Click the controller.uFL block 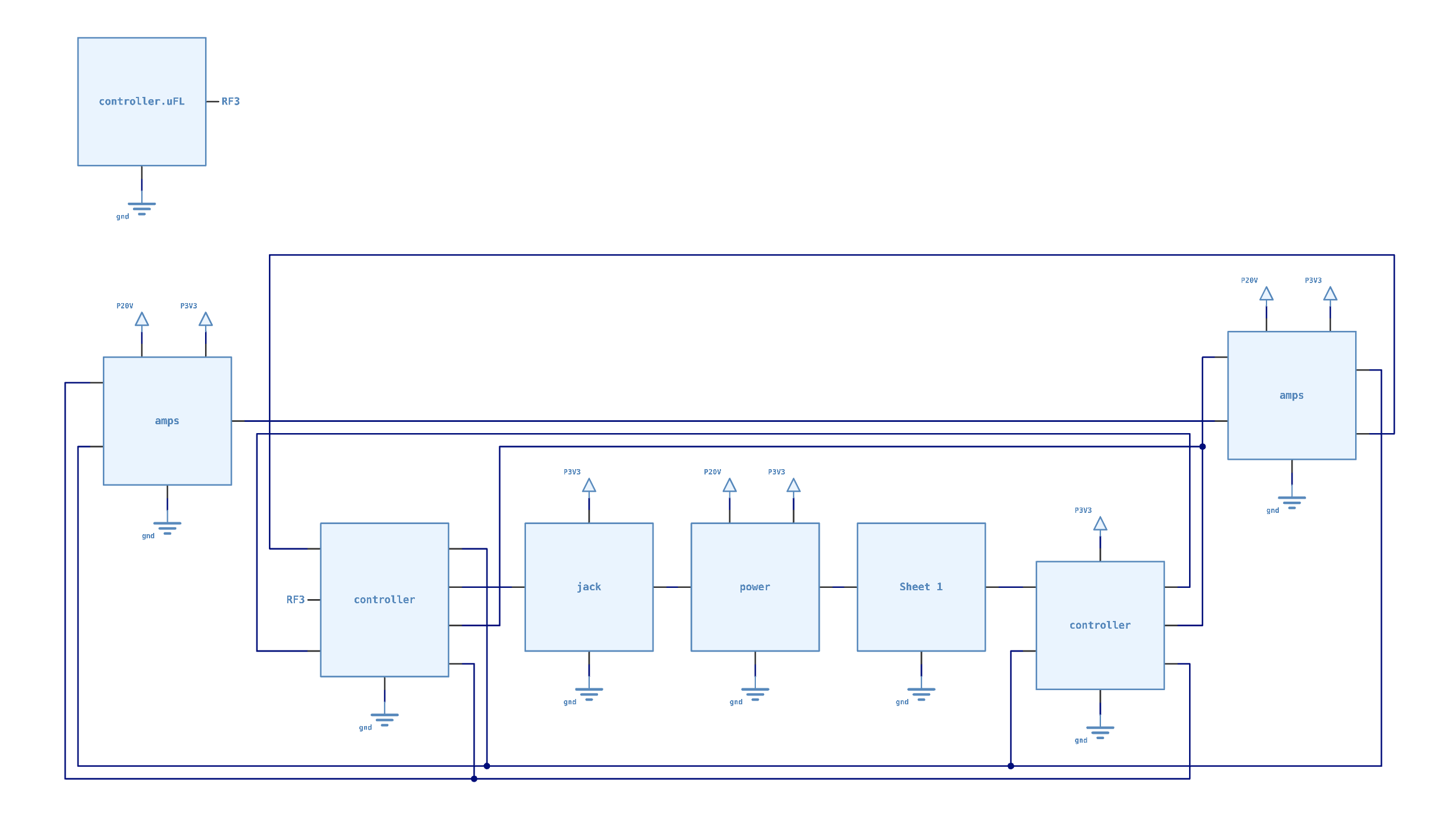point(142,102)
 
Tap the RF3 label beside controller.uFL point(230,102)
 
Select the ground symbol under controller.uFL point(142,208)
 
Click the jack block point(589,587)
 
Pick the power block point(755,587)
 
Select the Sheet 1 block point(921,587)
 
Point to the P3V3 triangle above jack point(589,486)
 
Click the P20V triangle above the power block point(729,486)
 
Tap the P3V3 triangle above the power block point(793,486)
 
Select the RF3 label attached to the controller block point(295,600)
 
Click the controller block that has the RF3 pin point(384,600)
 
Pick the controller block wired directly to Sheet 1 point(1100,625)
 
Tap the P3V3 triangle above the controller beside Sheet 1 point(1100,524)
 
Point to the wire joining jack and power point(672,587)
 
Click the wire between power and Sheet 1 point(838,587)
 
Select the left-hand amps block point(167,421)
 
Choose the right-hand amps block point(1291,395)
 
